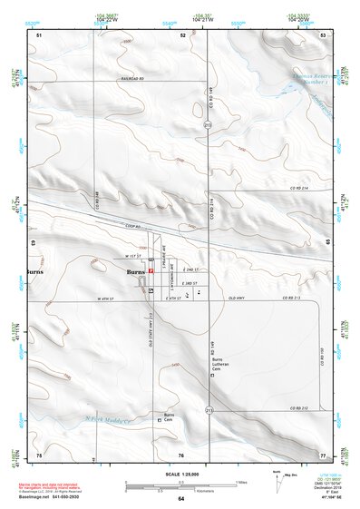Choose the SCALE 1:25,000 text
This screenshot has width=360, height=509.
coord(180,473)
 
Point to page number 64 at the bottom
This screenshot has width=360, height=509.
coord(180,499)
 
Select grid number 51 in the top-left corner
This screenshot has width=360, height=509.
coord(39,34)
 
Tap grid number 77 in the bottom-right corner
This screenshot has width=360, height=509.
coord(322,455)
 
